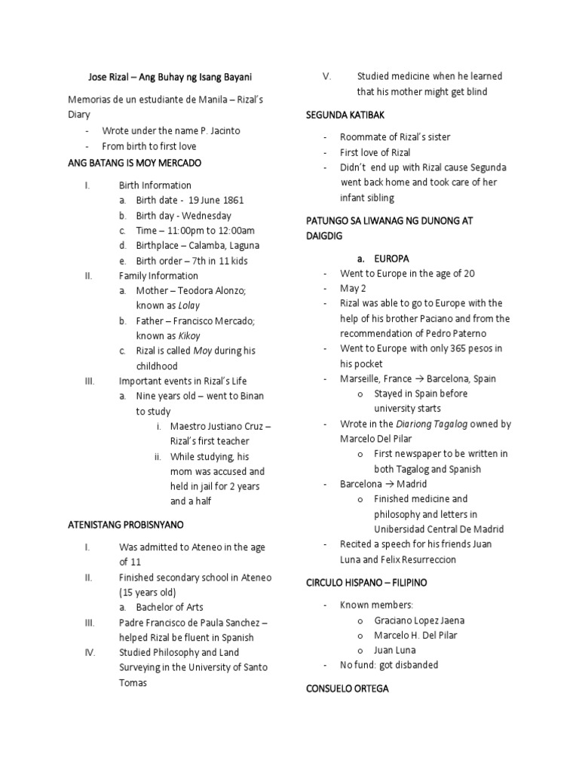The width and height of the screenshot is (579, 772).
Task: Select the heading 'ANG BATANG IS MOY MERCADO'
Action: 135,163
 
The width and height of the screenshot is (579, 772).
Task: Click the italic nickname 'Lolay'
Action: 189,305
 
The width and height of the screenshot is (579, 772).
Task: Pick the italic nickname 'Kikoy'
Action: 190,335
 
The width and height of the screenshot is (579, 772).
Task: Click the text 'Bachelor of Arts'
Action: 170,607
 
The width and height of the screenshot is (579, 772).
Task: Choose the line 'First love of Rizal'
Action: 375,152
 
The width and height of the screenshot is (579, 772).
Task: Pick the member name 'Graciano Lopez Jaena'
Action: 419,620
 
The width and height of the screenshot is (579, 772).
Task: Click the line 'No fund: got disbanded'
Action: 389,665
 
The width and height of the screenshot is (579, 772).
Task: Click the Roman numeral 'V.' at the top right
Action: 326,76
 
